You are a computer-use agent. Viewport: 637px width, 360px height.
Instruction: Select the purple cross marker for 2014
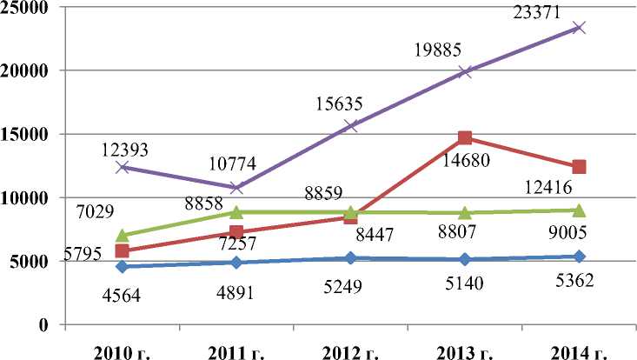point(579,27)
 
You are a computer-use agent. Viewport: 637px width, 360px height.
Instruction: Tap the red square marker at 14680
point(465,137)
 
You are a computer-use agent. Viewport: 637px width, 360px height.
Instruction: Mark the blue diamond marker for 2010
point(123,266)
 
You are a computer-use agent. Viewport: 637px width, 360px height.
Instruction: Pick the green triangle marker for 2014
point(579,210)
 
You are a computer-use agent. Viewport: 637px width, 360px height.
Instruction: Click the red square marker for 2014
point(579,166)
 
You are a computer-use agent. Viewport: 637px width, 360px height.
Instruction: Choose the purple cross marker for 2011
point(236,187)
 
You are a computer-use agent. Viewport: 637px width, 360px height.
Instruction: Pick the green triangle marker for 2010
point(123,235)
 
